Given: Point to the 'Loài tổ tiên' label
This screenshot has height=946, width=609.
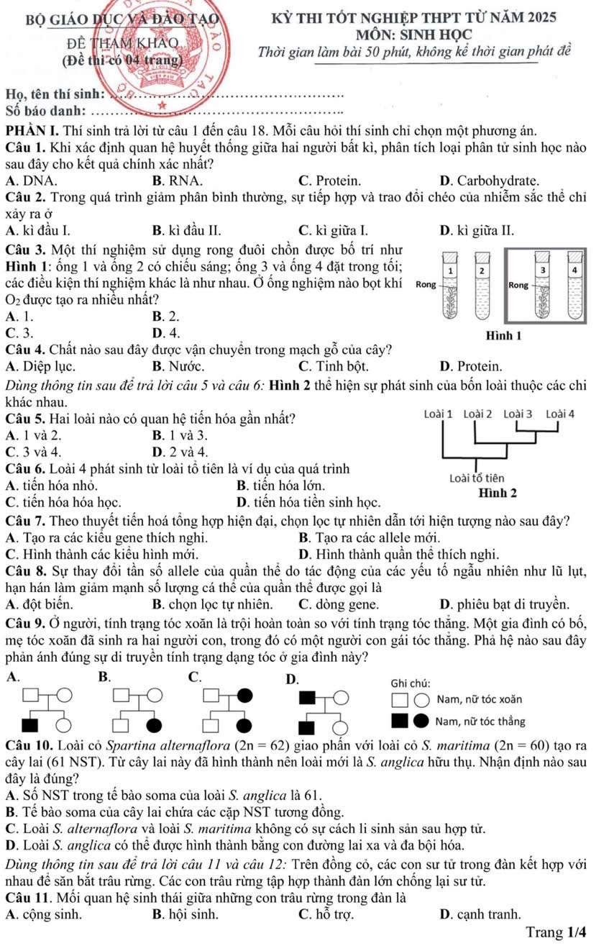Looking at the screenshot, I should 476,478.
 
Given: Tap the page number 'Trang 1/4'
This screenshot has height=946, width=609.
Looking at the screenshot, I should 556,932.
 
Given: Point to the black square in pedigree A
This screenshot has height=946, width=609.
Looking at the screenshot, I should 31,722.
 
